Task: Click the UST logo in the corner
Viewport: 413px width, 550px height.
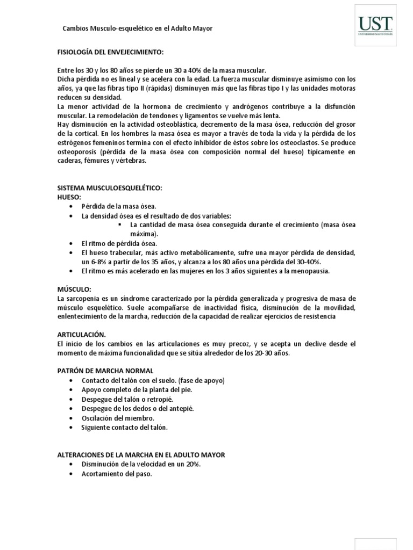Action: tap(376, 24)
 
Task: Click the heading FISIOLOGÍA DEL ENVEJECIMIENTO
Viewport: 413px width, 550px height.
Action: tap(110, 53)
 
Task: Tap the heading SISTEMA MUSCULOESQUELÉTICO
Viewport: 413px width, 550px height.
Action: tap(110, 189)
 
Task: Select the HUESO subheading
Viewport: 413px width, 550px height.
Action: tap(69, 197)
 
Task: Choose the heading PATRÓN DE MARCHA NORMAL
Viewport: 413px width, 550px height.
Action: tap(105, 371)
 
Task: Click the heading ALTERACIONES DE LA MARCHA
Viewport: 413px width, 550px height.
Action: tap(141, 454)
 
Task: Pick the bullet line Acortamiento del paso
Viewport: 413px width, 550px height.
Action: tap(117, 474)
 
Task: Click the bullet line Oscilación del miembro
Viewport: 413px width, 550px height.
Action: tap(118, 418)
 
